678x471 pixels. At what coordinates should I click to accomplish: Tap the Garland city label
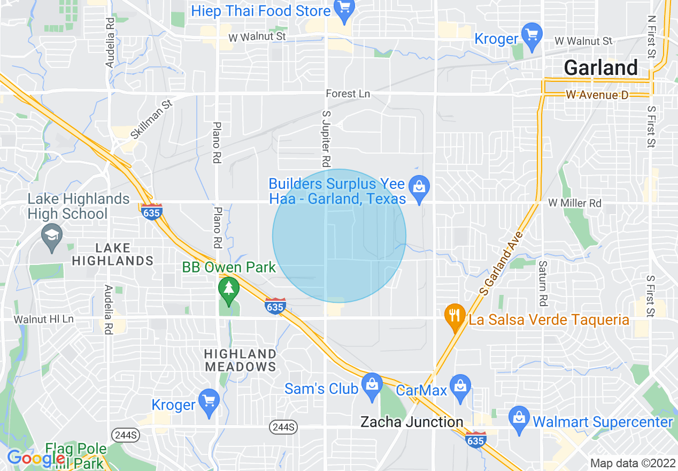click(x=600, y=68)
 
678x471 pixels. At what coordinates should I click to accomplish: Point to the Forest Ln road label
click(x=348, y=94)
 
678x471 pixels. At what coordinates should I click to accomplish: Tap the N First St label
click(x=651, y=36)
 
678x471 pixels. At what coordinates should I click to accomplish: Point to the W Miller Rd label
click(x=575, y=203)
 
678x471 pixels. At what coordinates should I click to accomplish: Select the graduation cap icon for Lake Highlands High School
click(x=52, y=236)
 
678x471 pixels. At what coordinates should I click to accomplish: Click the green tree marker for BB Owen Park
click(x=229, y=288)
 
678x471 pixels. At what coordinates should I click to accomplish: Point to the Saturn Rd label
click(x=543, y=283)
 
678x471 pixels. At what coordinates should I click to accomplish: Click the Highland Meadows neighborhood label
click(x=241, y=360)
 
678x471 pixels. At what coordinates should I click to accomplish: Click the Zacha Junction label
click(x=412, y=422)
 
